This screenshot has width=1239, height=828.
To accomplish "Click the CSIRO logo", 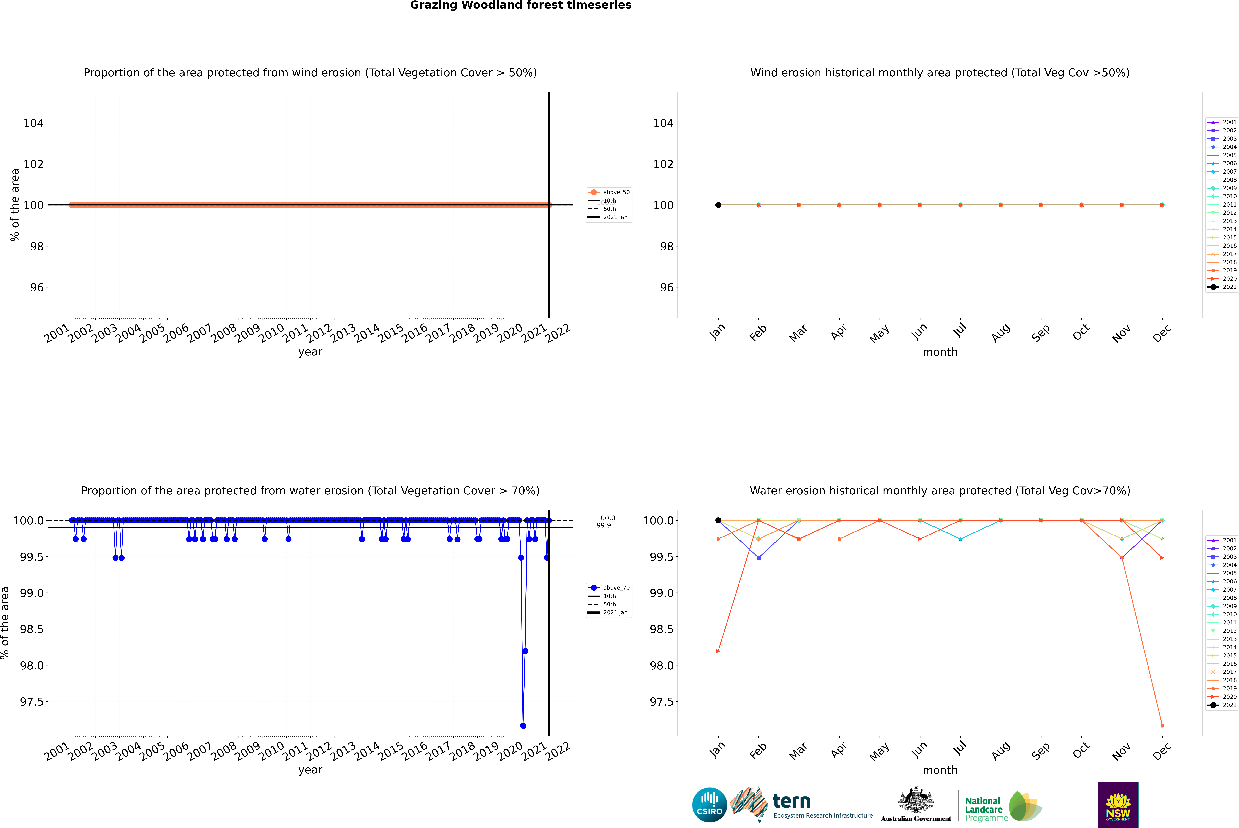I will [x=709, y=805].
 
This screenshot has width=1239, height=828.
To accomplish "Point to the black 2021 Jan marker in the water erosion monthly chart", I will [x=718, y=520].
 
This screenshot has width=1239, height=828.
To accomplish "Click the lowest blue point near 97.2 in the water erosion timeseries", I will [x=523, y=726].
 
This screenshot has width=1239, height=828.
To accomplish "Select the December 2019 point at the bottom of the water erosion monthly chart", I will [x=1162, y=726].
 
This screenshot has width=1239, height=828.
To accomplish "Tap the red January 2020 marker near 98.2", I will [x=718, y=651].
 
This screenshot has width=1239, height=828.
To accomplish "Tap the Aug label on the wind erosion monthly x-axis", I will [x=1001, y=333].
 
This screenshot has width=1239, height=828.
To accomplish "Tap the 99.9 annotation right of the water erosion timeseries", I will [x=604, y=525].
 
